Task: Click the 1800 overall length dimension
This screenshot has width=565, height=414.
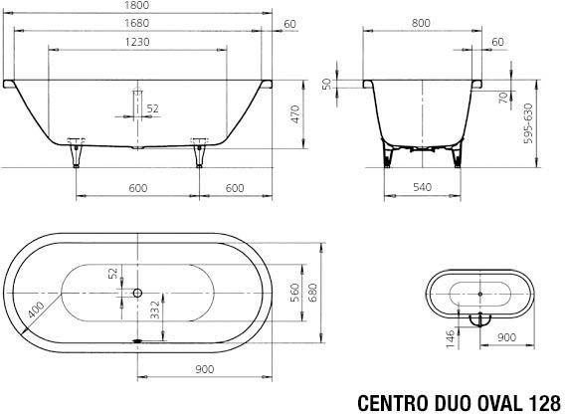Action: [x=137, y=5]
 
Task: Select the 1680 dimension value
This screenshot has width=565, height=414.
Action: [x=137, y=23]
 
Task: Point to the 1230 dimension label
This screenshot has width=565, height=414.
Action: [x=137, y=42]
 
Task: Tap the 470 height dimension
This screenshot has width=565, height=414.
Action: [x=295, y=114]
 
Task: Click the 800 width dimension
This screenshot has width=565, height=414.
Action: [x=421, y=23]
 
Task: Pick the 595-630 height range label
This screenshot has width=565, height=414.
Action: [x=528, y=123]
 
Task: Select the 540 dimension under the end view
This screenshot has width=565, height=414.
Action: [x=422, y=187]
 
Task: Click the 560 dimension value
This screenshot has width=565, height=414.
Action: [x=295, y=293]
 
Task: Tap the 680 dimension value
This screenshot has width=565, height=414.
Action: [x=312, y=293]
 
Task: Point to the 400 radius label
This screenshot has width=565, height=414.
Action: [x=37, y=310]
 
